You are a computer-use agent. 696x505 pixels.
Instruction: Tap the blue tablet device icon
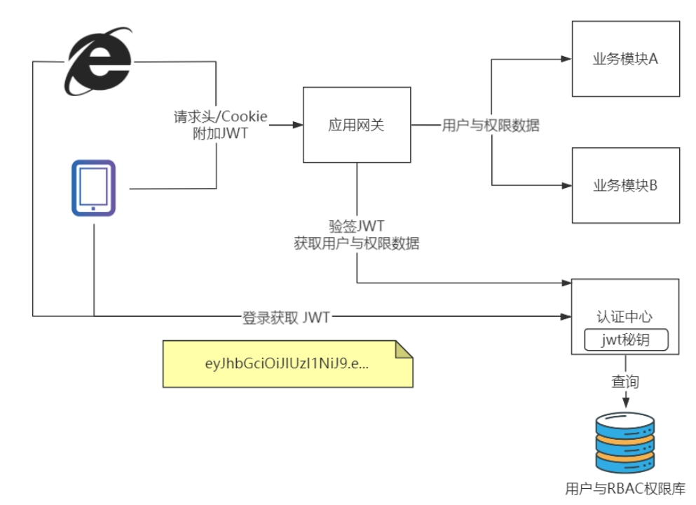click(x=93, y=188)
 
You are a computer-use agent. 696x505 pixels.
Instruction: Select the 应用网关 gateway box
click(x=357, y=126)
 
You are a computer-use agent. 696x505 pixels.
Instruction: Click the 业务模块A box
click(x=625, y=59)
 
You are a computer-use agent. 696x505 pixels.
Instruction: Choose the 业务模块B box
click(x=625, y=185)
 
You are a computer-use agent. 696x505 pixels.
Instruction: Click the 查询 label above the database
click(x=625, y=382)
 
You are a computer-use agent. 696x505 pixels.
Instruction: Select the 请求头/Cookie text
click(x=220, y=116)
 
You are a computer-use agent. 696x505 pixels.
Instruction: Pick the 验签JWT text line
click(x=357, y=227)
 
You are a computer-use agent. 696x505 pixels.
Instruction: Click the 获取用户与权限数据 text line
click(x=357, y=243)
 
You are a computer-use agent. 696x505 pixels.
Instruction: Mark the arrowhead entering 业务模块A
click(x=567, y=60)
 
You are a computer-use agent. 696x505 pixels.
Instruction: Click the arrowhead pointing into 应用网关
click(x=298, y=126)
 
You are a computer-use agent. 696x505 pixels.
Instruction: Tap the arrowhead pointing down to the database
click(x=625, y=403)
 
